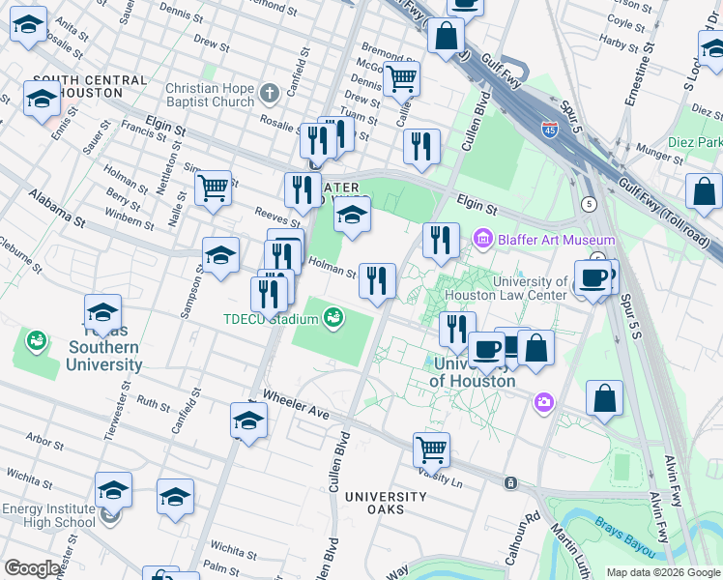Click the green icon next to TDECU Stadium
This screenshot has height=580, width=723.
[333, 317]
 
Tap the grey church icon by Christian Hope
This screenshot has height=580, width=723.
[269, 94]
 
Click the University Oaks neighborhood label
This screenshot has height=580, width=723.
[385, 503]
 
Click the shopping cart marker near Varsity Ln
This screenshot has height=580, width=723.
[431, 449]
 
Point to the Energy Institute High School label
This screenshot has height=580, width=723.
[48, 516]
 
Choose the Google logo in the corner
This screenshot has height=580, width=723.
[32, 568]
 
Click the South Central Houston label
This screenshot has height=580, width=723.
[77, 86]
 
